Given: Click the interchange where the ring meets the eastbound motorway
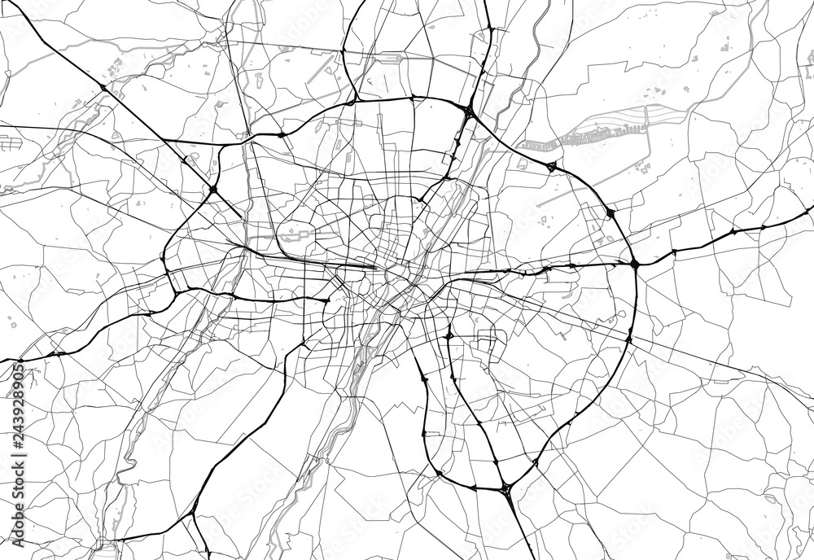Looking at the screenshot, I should click(x=634, y=263).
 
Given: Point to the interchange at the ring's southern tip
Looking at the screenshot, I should click(x=506, y=488).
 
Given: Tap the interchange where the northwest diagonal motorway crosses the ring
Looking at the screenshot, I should click(x=212, y=190).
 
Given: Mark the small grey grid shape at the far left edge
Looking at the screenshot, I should click(x=11, y=143).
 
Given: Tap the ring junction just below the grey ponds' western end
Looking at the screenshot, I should click(x=551, y=167).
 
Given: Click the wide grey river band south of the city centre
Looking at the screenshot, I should click(x=358, y=366).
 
